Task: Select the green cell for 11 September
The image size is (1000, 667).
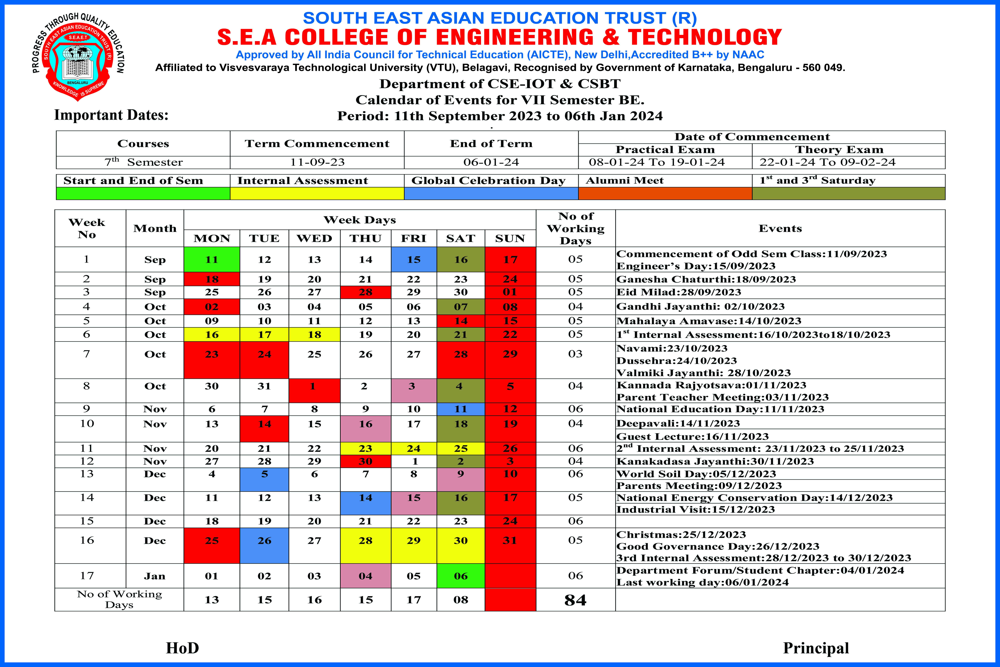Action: tap(212, 260)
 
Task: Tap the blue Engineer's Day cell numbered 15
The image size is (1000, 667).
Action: tap(413, 260)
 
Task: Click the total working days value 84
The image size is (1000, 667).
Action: tap(575, 600)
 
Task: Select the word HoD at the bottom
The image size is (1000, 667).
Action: tap(182, 648)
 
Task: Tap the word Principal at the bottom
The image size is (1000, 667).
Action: tap(816, 648)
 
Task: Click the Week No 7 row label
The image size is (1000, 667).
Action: tap(87, 354)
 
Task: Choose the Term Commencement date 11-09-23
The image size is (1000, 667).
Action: tap(317, 162)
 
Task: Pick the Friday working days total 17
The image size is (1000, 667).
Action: tap(413, 600)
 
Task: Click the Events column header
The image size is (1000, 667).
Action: tap(780, 228)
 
